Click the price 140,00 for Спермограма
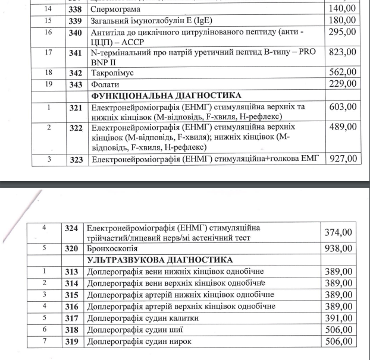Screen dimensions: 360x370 coord(342,9)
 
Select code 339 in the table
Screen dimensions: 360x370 coord(75,21)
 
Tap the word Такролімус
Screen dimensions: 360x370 coord(113,72)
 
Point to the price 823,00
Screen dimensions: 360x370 coord(342,52)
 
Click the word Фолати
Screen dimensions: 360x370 coord(105,84)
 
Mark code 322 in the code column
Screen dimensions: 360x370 coord(75,128)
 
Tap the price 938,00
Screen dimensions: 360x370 coord(338,248)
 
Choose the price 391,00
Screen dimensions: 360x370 coord(338,318)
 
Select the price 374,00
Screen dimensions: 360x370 coord(338,232)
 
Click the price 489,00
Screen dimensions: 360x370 coord(342,127)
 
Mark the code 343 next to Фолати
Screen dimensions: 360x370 coord(75,84)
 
